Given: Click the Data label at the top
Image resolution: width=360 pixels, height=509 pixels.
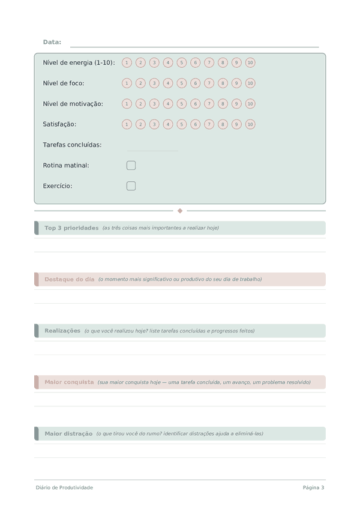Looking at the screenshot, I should tap(52, 42).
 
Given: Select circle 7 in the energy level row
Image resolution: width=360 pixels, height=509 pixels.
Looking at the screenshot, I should tap(209, 62).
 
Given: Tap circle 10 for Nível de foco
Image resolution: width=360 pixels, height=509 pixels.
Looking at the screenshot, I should tap(250, 83).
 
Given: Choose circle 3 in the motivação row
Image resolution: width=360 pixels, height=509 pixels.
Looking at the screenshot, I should tap(154, 104).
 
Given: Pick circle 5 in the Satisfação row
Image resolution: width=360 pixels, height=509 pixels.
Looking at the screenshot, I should tap(182, 124).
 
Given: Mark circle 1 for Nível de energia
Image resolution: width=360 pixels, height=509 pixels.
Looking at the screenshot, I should tap(127, 62).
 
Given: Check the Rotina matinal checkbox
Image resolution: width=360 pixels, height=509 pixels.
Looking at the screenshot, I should tap(131, 165).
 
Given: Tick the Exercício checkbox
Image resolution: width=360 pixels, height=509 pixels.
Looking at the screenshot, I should tap(131, 186).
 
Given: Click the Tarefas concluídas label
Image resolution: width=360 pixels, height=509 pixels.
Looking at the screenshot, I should tap(72, 145).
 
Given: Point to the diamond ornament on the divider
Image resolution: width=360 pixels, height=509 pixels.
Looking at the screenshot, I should tap(180, 211).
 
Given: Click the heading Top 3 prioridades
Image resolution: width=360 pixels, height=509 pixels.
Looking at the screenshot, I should tap(71, 228).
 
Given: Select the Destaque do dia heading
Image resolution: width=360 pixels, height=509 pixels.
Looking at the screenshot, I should tap(70, 279).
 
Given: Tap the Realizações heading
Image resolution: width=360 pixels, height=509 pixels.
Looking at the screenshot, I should tap(62, 331).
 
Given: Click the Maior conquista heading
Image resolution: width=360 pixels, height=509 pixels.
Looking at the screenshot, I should tap(69, 382).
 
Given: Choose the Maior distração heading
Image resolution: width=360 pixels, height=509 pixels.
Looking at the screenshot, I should tap(68, 433).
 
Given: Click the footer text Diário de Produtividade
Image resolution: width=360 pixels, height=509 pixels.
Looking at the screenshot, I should tap(64, 487).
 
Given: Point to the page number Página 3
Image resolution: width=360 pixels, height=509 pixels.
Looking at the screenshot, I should tap(313, 487).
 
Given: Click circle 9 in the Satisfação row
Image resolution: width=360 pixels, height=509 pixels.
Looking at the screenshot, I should tap(236, 124).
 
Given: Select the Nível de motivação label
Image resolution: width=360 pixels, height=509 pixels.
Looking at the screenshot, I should tap(73, 104).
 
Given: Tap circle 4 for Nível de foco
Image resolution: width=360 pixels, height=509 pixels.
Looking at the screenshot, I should tap(168, 83).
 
